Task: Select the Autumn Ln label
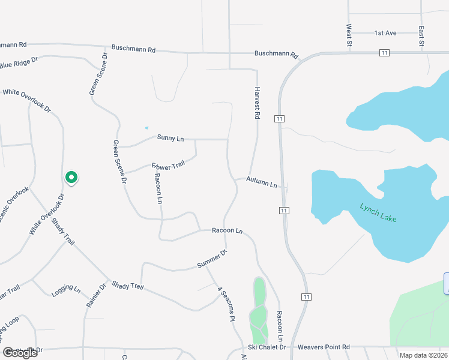262,182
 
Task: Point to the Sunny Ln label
170,138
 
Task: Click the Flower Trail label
169,165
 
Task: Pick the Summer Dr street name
212,260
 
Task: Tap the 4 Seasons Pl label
225,305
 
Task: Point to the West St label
349,34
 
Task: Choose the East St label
421,35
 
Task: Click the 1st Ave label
385,33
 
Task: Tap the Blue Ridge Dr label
19,62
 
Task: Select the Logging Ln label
66,289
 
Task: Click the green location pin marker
71,178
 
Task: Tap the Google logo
20,353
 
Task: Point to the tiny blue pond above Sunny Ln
146,127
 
